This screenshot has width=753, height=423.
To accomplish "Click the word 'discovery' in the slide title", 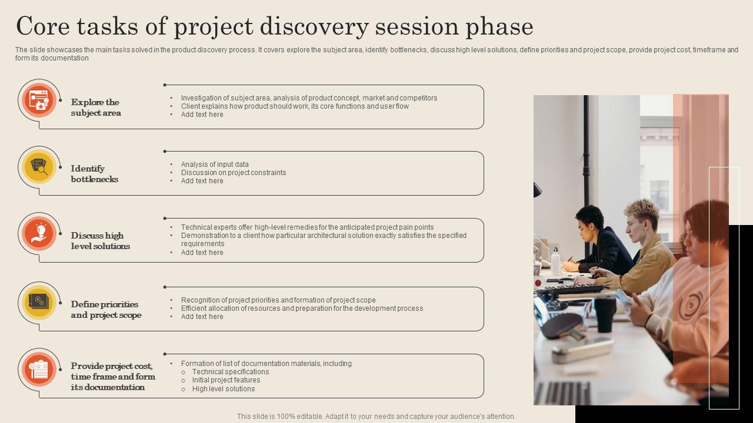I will (x=315, y=26).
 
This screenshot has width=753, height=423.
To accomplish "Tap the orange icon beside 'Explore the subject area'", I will (x=39, y=100).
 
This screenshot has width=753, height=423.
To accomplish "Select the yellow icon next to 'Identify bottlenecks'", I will (x=39, y=167).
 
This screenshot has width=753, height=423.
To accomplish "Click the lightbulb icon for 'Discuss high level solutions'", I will (x=39, y=233).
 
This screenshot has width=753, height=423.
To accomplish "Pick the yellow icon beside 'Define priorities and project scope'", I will (x=39, y=303).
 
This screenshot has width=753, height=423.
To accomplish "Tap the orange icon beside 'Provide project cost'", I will (x=39, y=370).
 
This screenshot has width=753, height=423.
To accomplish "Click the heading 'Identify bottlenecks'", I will (x=95, y=174).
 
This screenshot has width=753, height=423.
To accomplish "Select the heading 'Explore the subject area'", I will (x=96, y=108).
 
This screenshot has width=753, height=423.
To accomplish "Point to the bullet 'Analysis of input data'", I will (x=215, y=164).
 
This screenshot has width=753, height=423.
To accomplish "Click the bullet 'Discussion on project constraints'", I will (x=234, y=173).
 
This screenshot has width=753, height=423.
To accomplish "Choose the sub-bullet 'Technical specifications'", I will (x=231, y=372).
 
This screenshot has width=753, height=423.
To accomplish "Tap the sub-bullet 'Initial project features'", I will (x=226, y=380).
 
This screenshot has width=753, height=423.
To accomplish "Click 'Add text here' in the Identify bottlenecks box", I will (x=202, y=181).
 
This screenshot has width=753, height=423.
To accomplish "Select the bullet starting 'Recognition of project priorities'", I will (x=278, y=300).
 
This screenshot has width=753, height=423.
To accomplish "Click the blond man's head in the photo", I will (x=641, y=215).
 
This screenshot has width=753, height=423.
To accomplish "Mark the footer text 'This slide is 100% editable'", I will (x=376, y=417).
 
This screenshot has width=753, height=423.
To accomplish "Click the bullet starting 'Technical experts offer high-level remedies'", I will (x=307, y=227).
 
